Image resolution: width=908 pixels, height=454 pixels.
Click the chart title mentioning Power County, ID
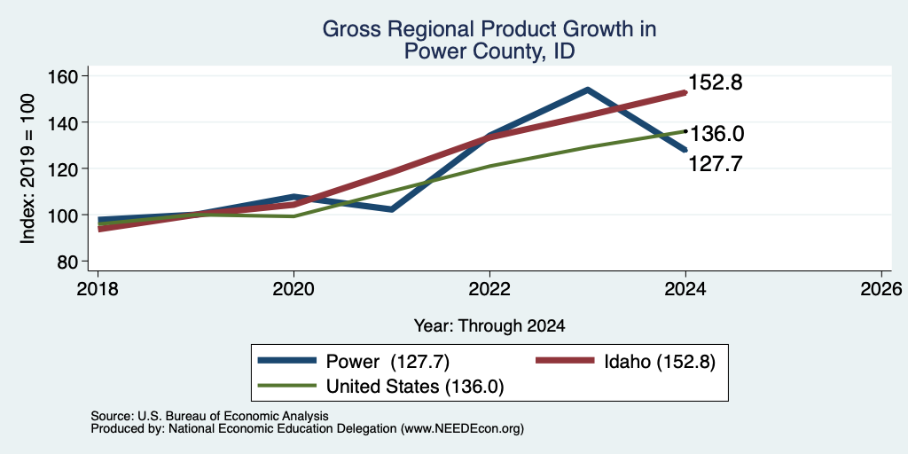point(489,40)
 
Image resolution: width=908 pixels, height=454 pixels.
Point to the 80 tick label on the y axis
point(68,262)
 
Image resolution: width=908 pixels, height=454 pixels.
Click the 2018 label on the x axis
point(98,288)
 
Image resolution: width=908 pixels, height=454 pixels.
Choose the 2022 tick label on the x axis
point(489,288)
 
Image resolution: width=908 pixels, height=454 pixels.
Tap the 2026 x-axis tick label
point(881,288)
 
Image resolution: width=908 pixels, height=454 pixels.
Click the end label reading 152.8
point(716,82)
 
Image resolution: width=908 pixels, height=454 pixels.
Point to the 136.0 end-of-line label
point(716,135)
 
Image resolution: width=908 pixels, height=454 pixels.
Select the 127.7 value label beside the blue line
point(716,164)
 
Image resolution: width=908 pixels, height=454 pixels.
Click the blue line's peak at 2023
point(587,90)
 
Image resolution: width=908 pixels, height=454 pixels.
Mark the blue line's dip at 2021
point(392,209)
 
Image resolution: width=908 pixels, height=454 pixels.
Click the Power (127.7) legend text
point(388,362)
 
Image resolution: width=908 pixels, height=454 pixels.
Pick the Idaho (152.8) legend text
point(660,362)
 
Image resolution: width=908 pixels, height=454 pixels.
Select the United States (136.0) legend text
point(415,387)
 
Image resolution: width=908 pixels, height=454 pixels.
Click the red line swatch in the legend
point(565,361)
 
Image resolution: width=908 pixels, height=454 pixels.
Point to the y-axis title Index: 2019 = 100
point(27,168)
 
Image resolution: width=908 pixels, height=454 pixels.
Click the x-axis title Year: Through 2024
point(489,326)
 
